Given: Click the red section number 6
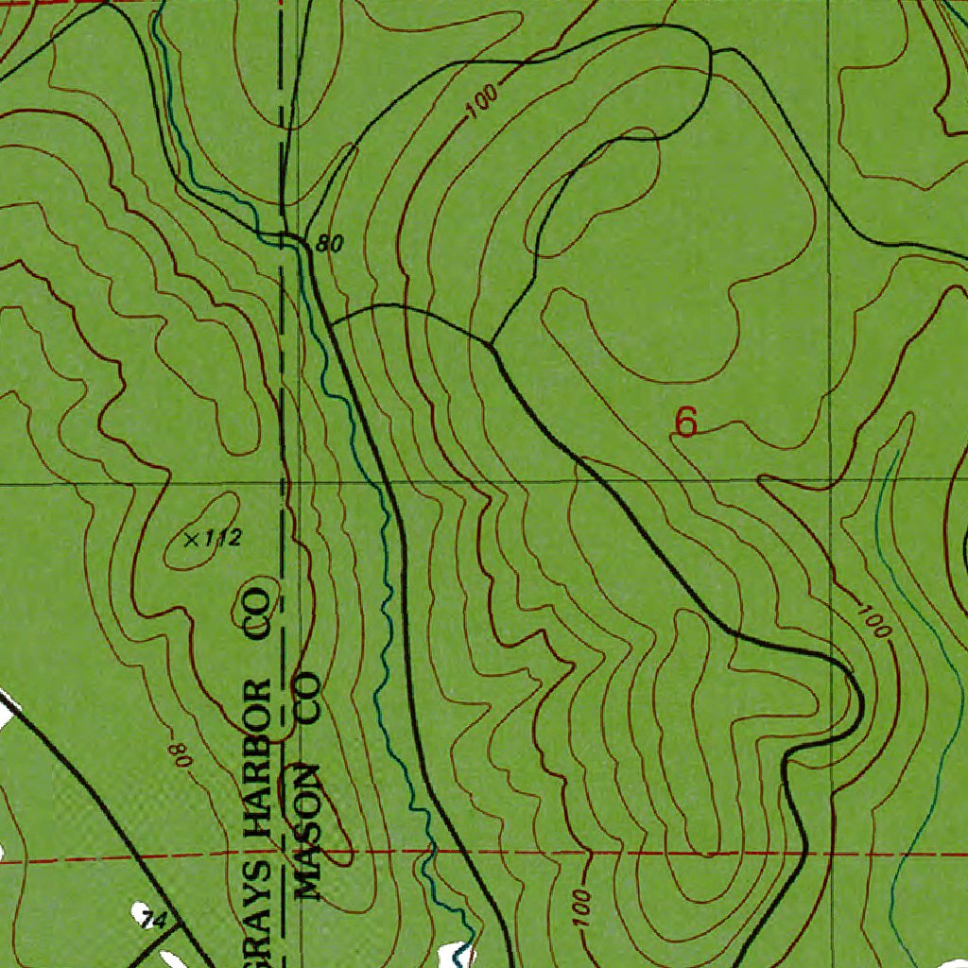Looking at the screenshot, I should pos(686,422).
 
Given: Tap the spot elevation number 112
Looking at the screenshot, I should pos(224,540).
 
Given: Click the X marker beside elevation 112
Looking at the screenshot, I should pos(192,540).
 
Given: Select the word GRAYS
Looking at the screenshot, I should pos(258,903).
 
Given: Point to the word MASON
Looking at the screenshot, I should pos(307,830).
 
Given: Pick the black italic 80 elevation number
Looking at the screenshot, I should pos(329,244).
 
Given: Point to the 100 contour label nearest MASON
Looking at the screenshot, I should pos(579,907).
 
